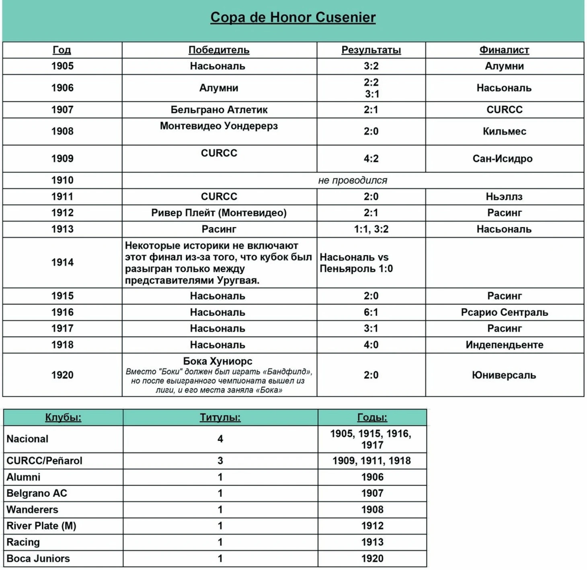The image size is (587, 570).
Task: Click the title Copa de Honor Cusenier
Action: pos(293,17)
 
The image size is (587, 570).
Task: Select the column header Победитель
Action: pos(219,50)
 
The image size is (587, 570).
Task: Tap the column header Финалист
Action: pos(504,50)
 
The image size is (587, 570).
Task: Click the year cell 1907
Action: pos(62,110)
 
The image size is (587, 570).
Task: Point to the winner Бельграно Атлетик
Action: pos(219,110)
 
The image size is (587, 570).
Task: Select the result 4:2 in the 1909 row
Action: pos(371,159)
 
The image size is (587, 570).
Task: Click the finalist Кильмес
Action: pos(504,131)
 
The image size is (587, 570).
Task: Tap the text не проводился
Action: pos(353,180)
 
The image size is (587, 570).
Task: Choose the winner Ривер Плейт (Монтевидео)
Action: pos(219,213)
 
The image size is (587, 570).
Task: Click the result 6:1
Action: pos(371,312)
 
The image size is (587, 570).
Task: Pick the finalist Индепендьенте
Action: pos(504,345)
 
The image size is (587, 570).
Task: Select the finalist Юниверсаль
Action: pos(504,375)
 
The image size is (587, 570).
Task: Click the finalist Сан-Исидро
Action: pos(503,159)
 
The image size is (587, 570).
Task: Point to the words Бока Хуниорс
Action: pos(218,361)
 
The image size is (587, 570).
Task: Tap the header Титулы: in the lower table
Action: pos(220,418)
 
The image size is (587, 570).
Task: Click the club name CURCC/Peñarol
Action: pos(44,461)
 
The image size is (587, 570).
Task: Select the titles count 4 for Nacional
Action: pos(220,439)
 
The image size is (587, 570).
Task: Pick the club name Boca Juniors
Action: pos(38,558)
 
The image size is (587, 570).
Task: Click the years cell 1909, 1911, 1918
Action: pos(371,461)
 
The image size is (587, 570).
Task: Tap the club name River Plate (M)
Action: pos(41,526)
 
